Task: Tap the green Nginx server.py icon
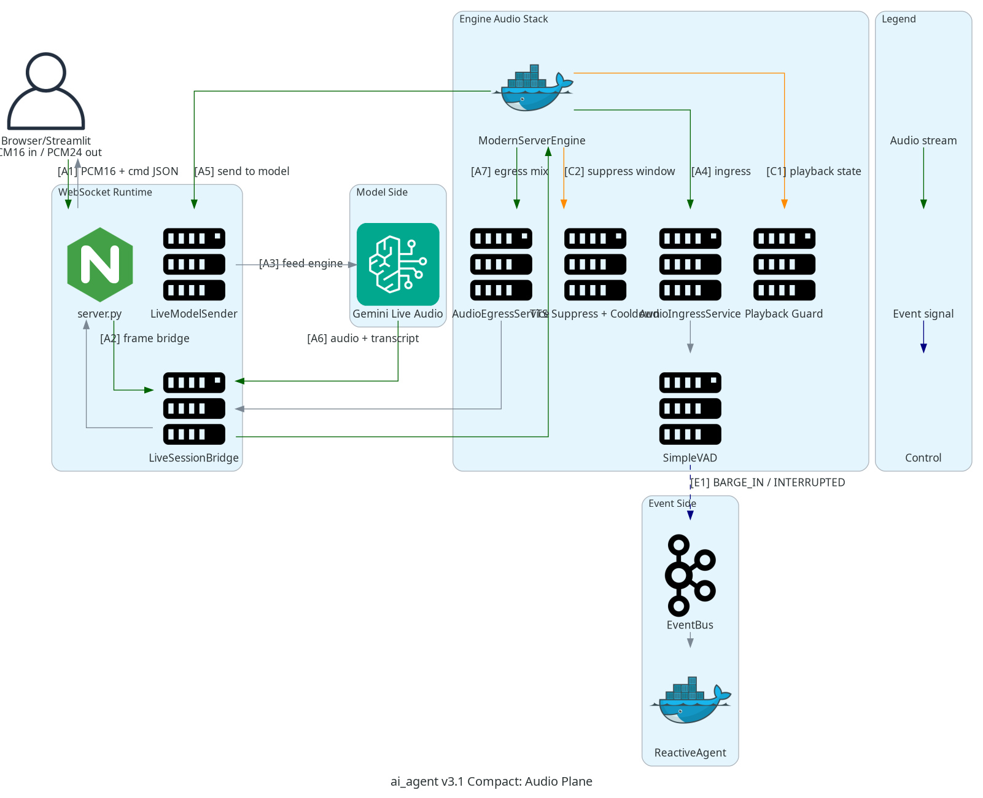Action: point(100,265)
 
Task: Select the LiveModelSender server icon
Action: point(194,265)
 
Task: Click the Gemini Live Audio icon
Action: point(398,264)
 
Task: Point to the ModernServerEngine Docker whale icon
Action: point(532,90)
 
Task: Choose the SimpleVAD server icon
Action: point(690,409)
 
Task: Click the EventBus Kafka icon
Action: point(690,575)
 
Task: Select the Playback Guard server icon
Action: point(784,265)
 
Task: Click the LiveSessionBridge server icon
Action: point(194,409)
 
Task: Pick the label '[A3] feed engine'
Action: point(301,264)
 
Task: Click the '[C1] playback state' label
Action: point(814,171)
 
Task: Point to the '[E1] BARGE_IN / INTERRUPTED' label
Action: point(768,482)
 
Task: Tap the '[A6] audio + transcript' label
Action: point(363,338)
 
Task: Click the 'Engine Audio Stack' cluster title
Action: point(503,19)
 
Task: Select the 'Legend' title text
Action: point(898,19)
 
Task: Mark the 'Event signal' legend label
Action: point(923,314)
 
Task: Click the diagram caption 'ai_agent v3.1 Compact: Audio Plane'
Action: point(491,781)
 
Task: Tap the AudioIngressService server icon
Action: point(690,265)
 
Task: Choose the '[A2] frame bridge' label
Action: point(145,338)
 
